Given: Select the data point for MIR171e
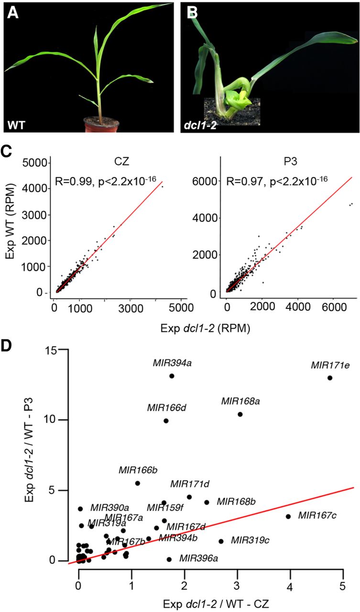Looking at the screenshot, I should pyautogui.click(x=330, y=378).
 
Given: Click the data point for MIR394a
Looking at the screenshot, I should pyautogui.click(x=172, y=376).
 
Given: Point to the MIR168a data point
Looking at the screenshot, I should pyautogui.click(x=240, y=414).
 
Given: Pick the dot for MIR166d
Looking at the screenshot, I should pyautogui.click(x=166, y=421).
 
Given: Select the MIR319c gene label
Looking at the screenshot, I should pyautogui.click(x=250, y=540).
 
